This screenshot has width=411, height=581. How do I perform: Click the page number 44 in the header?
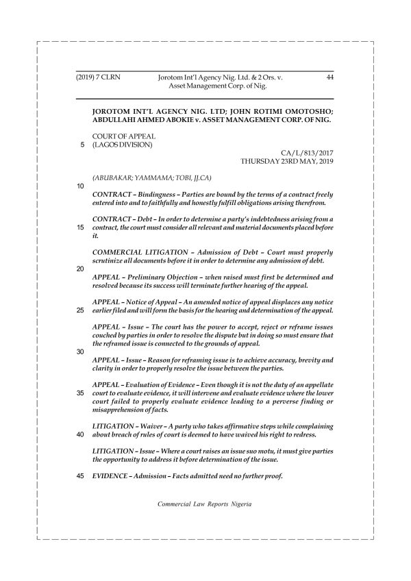coord(329,79)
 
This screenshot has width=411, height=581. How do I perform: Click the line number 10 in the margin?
coord(79,186)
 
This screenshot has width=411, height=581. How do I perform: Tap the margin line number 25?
coord(79,310)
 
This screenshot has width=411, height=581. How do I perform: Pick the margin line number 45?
coord(79,477)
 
